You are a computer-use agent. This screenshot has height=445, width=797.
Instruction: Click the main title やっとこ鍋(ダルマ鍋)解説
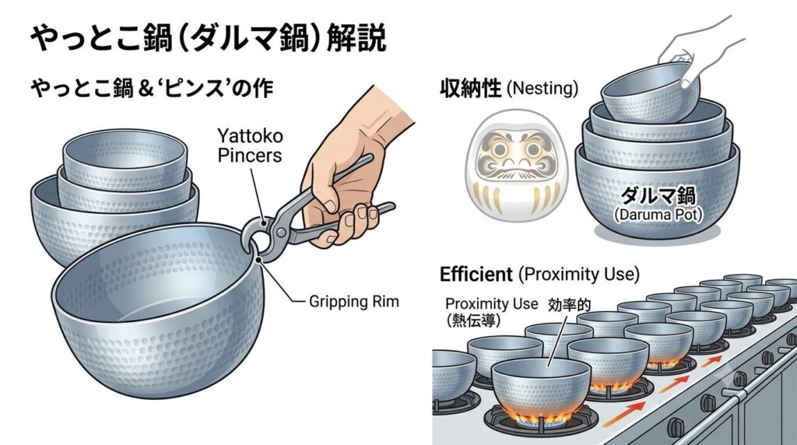[x=209, y=38]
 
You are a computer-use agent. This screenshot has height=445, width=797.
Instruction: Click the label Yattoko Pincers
[x=250, y=145]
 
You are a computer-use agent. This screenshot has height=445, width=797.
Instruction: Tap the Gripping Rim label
[x=354, y=302]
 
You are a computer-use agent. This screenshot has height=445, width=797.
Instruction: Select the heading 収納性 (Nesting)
[x=509, y=89]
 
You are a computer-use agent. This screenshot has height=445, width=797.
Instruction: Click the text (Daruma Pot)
[x=658, y=215]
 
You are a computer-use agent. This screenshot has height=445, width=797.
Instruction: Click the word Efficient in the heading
[x=476, y=275]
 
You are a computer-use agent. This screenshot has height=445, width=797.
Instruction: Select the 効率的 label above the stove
[x=569, y=305]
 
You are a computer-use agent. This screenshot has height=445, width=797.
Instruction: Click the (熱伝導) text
[x=472, y=320]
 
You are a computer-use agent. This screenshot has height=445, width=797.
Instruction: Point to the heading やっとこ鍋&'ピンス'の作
[x=152, y=88]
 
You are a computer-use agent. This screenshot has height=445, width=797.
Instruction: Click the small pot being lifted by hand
[x=650, y=93]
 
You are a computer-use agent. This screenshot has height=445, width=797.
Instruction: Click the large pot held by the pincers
[x=156, y=305]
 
